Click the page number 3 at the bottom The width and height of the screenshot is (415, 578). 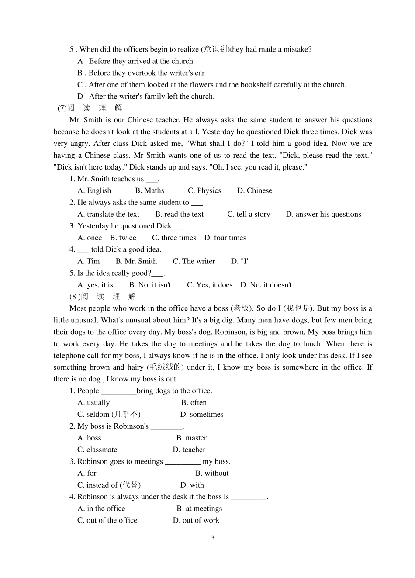coord(213,538)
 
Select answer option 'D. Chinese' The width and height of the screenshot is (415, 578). coord(255,191)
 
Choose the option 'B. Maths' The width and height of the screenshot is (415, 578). coord(149,191)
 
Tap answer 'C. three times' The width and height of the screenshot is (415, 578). coord(174,238)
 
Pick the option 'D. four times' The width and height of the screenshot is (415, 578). coord(225,238)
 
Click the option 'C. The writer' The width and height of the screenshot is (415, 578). coord(194,262)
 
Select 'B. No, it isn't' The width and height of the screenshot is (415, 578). coord(150,285)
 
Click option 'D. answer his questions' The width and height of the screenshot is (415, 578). coord(323,215)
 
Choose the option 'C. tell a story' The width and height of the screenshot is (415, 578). coord(249,215)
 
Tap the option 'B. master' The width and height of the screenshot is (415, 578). coord(191,438)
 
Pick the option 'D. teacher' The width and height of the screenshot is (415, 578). coord(189,450)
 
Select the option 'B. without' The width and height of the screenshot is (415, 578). coord(212,474)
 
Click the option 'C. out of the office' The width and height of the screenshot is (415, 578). coord(107,521)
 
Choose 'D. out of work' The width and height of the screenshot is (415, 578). coord(196,521)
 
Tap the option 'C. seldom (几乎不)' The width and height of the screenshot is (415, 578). coord(109,415)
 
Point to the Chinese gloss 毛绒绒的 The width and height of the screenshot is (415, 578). coord(165,367)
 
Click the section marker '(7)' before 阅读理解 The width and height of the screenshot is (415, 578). coord(62,108)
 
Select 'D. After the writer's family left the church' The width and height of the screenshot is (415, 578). coord(146,97)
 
